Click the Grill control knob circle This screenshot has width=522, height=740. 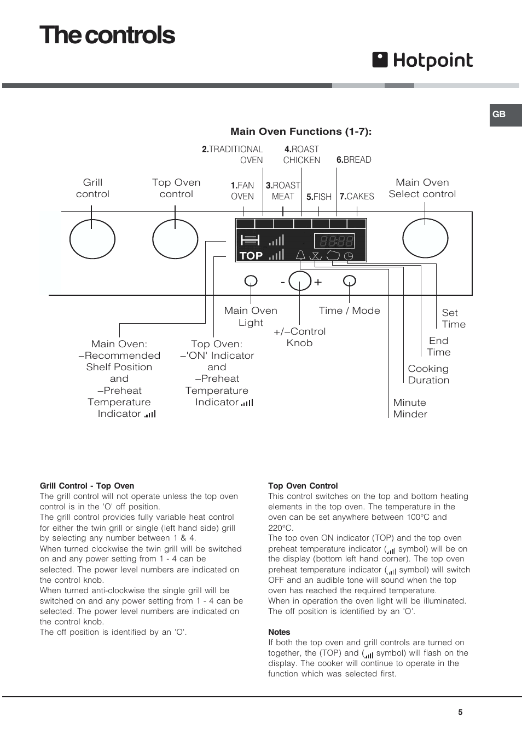92,239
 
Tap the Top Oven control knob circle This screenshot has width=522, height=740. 175,239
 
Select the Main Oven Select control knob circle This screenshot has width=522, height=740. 425,238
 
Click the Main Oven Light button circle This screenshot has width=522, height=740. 251,281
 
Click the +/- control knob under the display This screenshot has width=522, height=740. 300,281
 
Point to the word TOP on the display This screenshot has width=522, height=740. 251,256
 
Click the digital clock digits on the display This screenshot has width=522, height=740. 334,241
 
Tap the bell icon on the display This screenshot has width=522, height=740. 300,255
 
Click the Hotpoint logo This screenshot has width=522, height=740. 422,61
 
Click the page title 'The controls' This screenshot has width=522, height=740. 107,36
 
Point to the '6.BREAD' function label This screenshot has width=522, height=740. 353,160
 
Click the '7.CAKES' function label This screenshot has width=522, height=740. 357,196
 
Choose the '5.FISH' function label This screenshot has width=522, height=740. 319,197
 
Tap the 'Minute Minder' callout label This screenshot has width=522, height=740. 410,408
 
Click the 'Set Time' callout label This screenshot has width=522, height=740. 454,318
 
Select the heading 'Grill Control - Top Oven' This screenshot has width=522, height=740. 87,486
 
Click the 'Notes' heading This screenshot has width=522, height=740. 279,632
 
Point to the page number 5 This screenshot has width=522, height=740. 460,712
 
